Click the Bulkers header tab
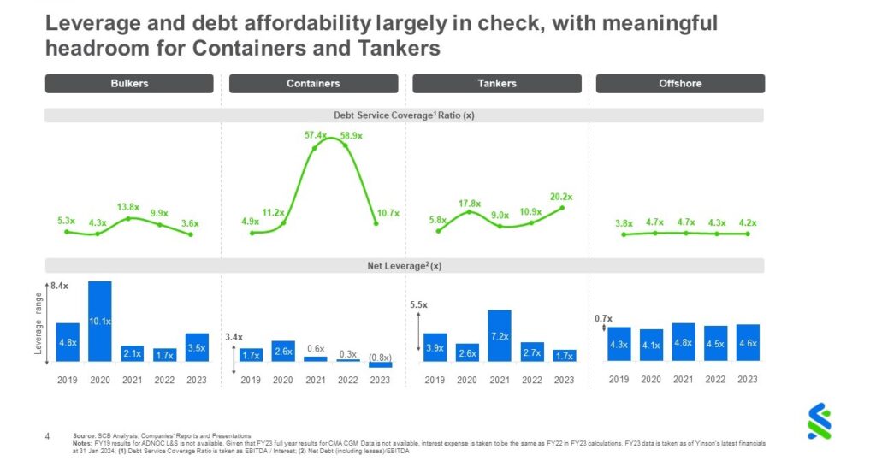[x=129, y=84]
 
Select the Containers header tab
[x=313, y=84]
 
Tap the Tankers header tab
[x=496, y=84]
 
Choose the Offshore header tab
[x=680, y=84]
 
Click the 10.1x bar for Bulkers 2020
[x=100, y=321]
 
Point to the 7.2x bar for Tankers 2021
[x=500, y=335]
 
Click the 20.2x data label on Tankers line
[x=560, y=196]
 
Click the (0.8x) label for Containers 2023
[x=380, y=357]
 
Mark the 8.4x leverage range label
[x=58, y=285]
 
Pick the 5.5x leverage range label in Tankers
[x=418, y=304]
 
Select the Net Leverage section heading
[x=404, y=266]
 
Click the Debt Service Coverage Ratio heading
[x=404, y=115]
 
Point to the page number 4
[x=48, y=436]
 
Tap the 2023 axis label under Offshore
[x=747, y=380]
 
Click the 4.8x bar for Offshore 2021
[x=683, y=342]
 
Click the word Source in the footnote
[x=84, y=436]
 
